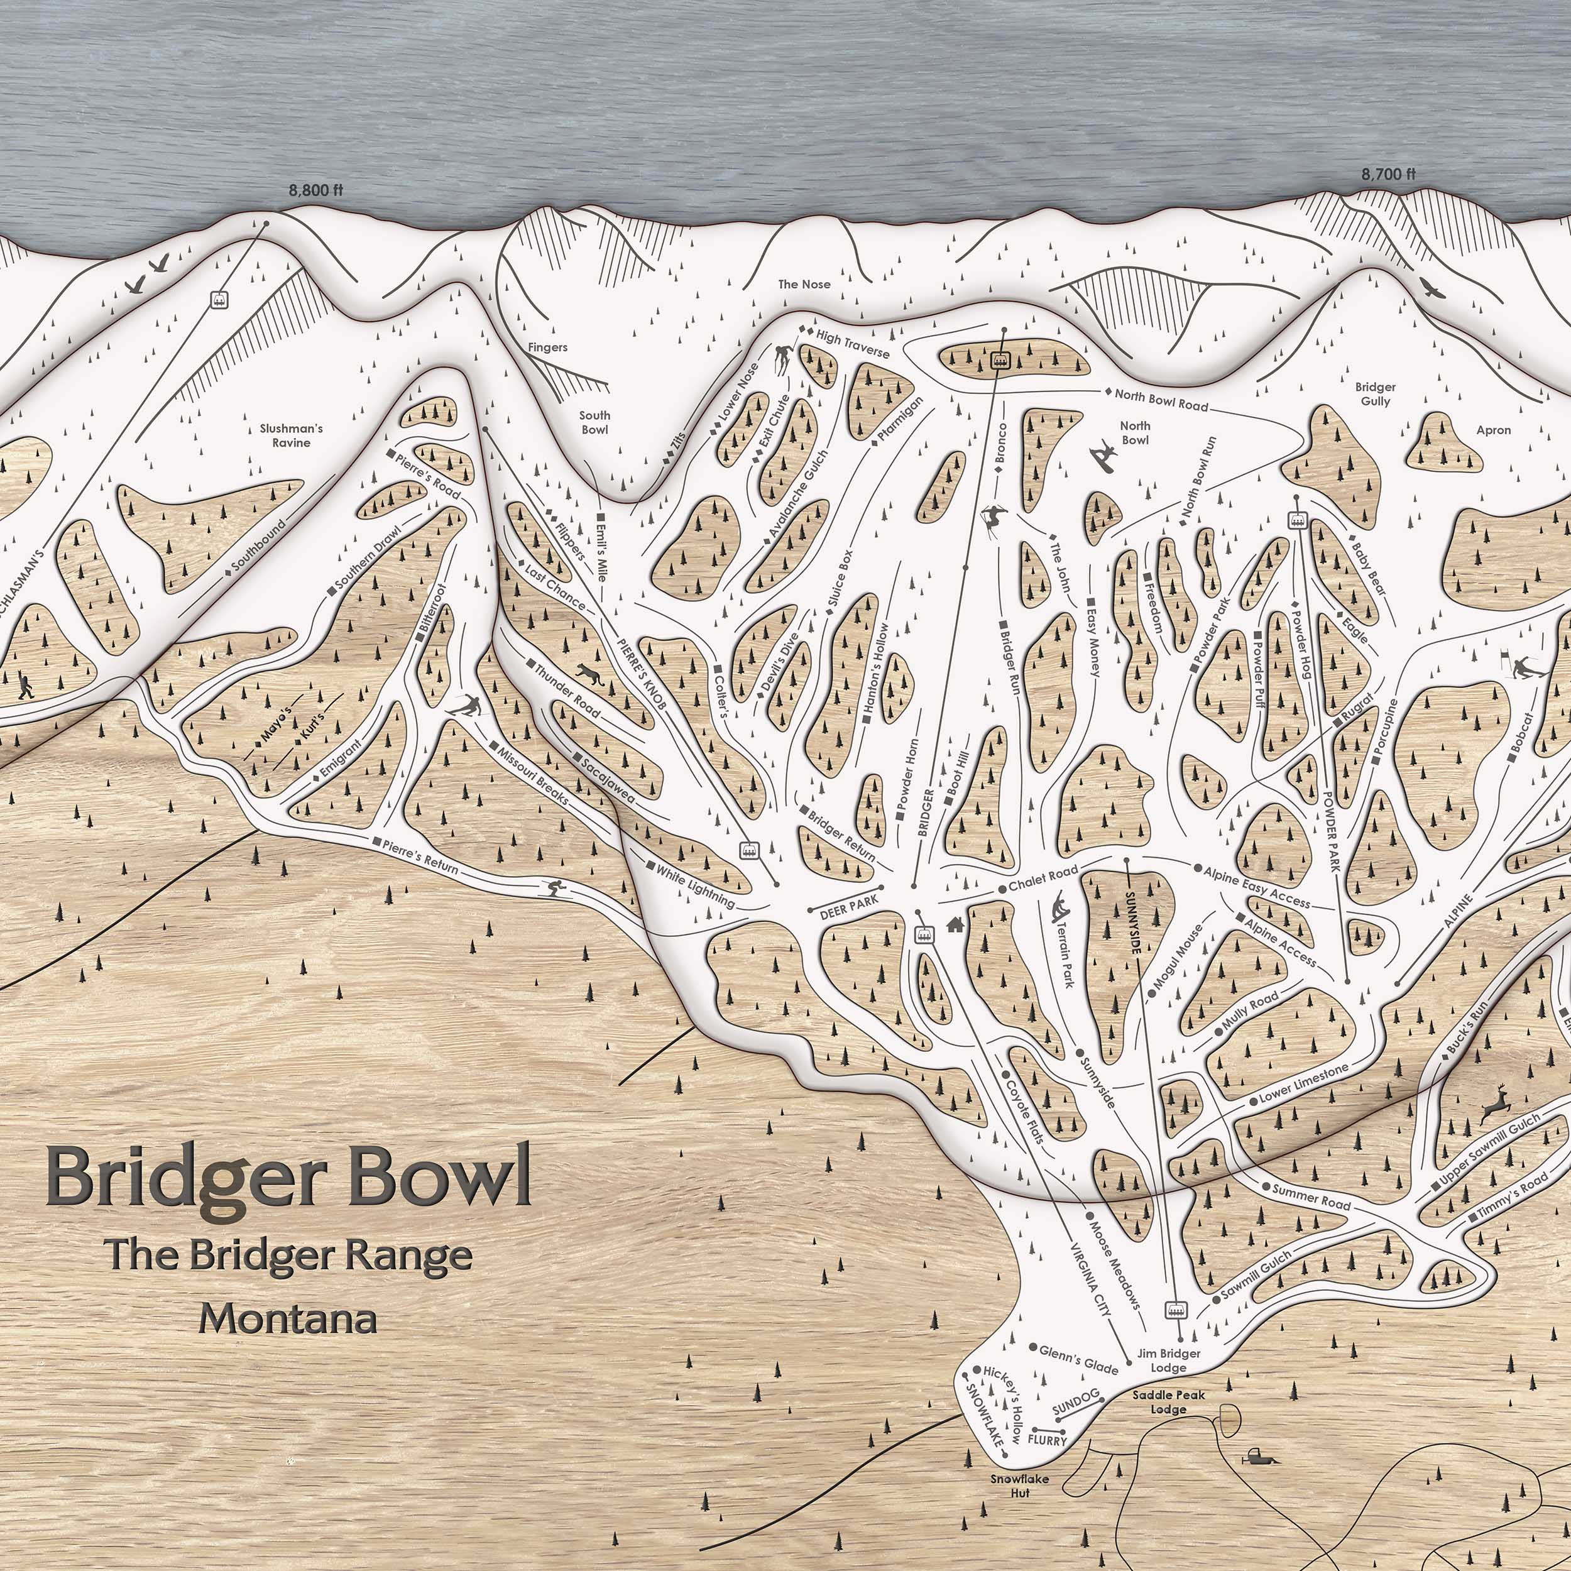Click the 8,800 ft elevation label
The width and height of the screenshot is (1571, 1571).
point(316,190)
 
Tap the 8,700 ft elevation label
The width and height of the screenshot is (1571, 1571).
point(1388,174)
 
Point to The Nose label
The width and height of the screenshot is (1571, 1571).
point(804,284)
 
